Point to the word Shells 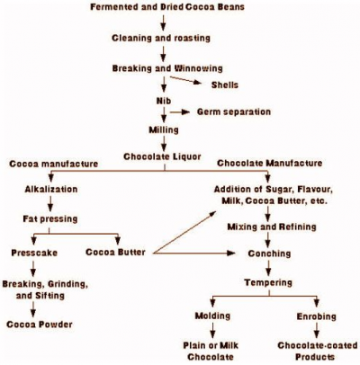click(x=225, y=85)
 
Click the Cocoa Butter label click(x=117, y=253)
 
